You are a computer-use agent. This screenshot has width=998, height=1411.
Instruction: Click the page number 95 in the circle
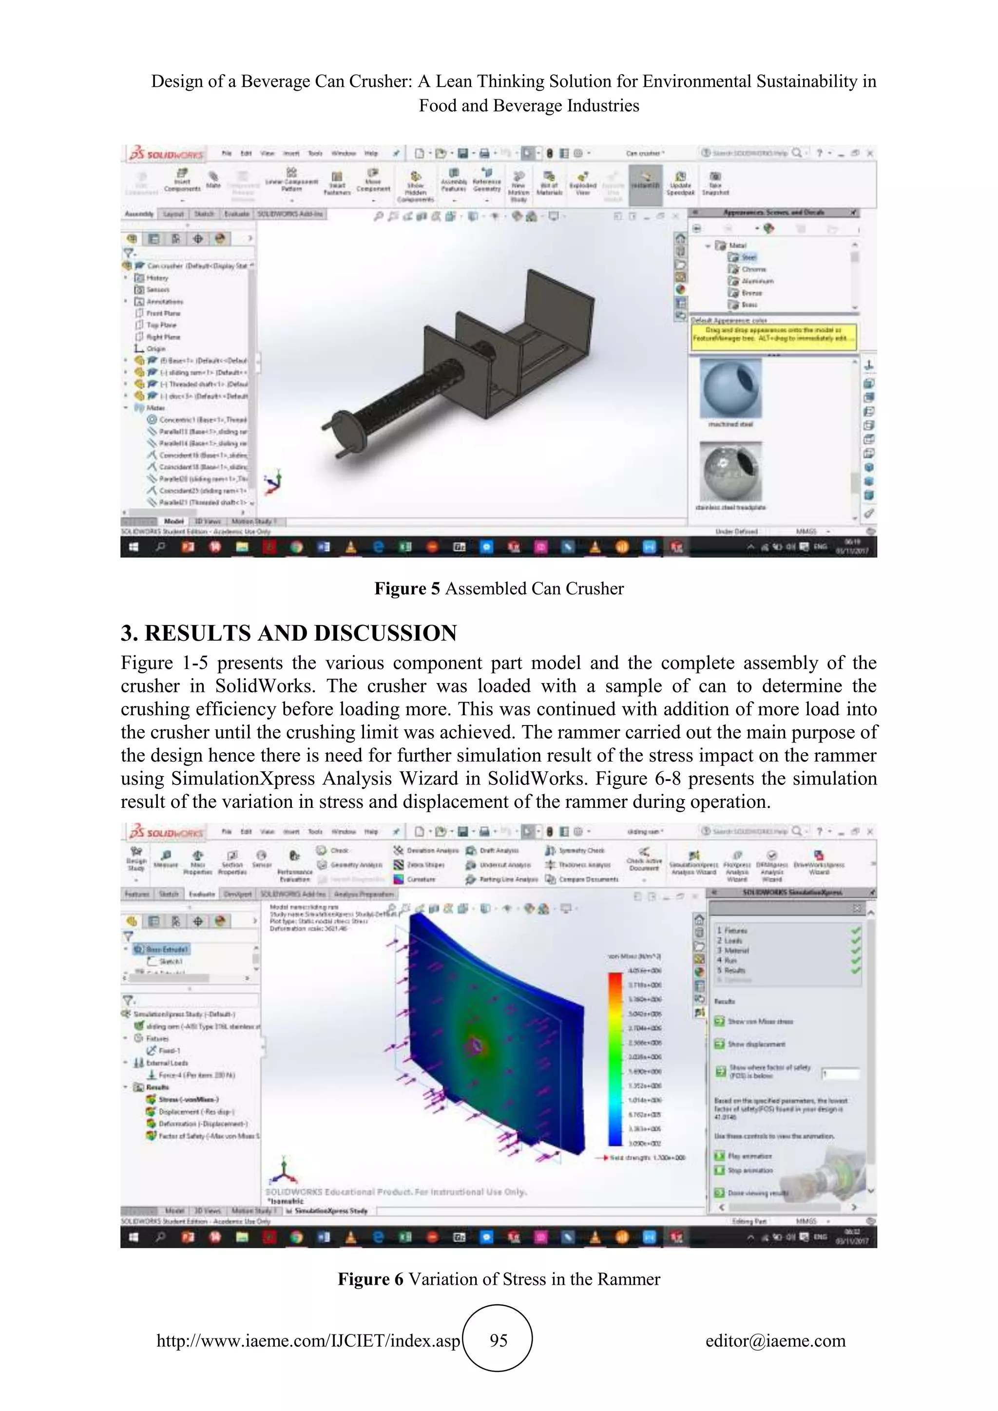point(499,1340)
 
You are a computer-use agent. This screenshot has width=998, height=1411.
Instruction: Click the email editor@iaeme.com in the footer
point(775,1340)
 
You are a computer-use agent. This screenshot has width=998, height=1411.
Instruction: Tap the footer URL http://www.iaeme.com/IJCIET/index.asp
point(308,1340)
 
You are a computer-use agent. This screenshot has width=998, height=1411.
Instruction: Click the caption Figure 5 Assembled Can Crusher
point(499,589)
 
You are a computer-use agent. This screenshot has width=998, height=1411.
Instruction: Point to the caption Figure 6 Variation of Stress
point(499,1279)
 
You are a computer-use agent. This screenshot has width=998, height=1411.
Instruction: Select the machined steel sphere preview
point(730,389)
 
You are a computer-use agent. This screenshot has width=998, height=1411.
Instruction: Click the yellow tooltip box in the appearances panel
point(774,337)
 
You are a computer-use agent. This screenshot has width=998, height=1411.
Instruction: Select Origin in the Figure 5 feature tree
point(155,348)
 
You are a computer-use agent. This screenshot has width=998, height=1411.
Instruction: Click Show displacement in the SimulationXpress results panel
point(756,1044)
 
